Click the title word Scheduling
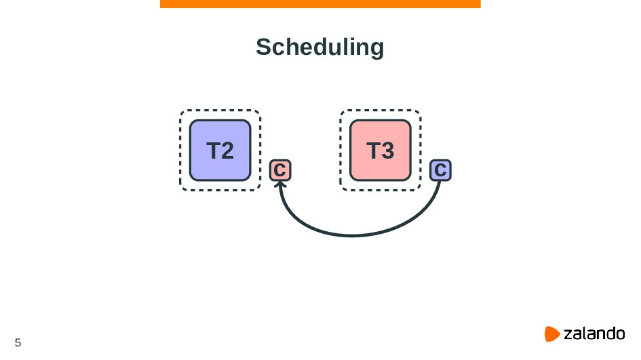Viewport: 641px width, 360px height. pos(319,47)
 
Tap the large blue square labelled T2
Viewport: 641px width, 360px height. pos(220,150)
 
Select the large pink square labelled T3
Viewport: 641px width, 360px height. pos(380,150)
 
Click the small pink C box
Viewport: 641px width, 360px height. pos(280,170)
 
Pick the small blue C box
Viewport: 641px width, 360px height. pos(440,170)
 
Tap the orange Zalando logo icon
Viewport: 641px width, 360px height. pos(551,334)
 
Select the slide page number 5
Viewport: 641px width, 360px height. pos(18,342)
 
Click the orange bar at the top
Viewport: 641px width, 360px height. pos(320,4)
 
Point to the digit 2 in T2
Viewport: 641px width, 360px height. pos(227,151)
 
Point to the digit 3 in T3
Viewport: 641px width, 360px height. pos(387,151)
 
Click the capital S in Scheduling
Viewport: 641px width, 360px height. pos(263,47)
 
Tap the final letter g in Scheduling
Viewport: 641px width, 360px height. pos(376,49)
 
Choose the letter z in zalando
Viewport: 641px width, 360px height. pos(568,334)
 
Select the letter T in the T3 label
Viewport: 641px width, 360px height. pos(372,151)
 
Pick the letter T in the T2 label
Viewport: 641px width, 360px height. pos(212,151)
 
